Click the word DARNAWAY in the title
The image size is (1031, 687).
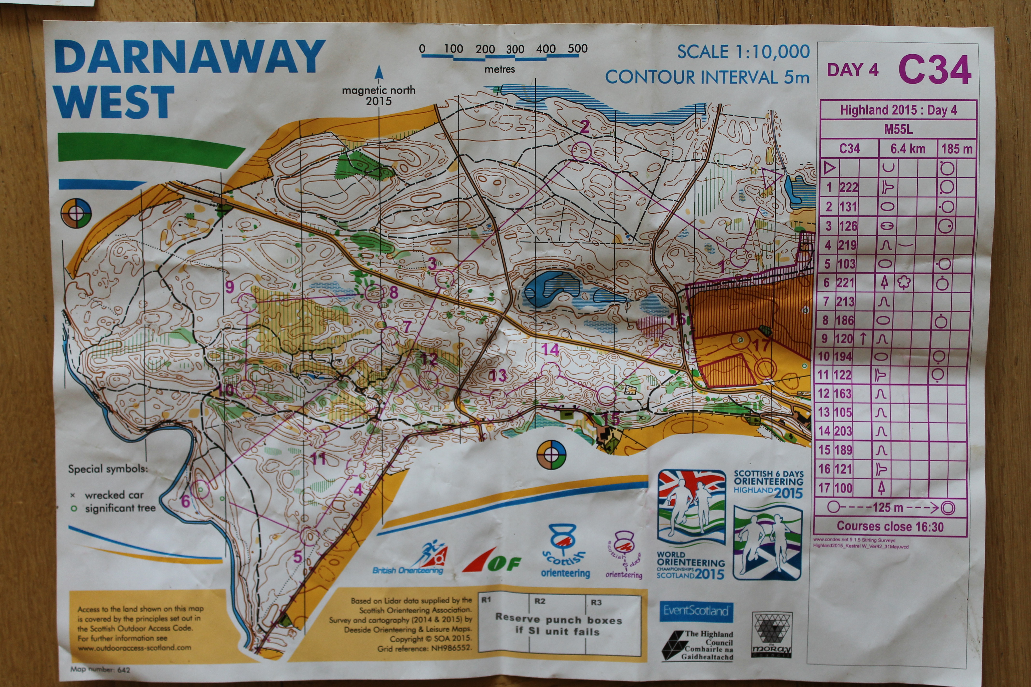point(189,57)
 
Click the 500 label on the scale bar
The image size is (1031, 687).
point(577,49)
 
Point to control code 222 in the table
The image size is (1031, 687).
point(849,187)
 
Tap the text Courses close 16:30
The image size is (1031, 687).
point(890,526)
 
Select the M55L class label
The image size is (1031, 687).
point(898,129)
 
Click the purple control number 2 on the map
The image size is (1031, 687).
point(585,127)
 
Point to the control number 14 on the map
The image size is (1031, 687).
point(550,349)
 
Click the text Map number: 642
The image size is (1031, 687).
point(100,669)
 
